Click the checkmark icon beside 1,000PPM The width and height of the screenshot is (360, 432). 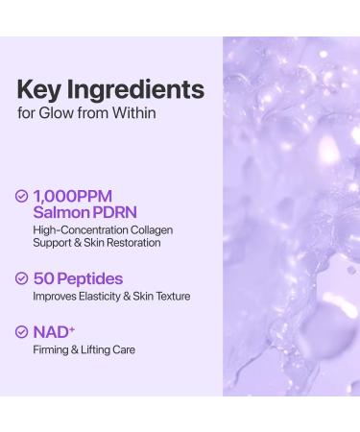click(x=23, y=196)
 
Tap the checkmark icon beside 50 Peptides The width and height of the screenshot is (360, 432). click(x=23, y=279)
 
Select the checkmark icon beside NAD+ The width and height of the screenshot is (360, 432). click(x=23, y=332)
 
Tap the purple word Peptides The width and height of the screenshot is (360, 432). click(x=92, y=279)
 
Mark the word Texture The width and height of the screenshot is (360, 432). click(x=171, y=298)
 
